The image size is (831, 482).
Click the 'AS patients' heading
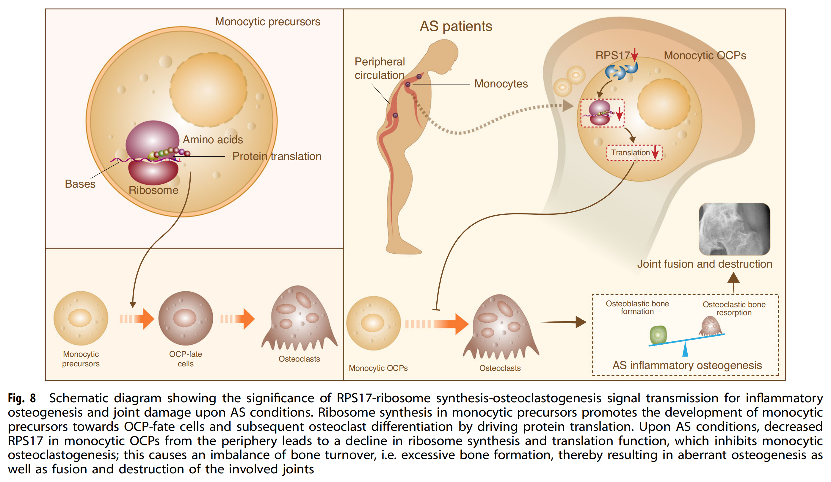click(455, 26)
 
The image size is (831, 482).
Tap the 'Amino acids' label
click(213, 140)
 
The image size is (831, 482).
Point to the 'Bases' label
click(80, 184)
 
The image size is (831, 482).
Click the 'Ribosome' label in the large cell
click(153, 190)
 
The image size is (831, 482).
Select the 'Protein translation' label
click(277, 156)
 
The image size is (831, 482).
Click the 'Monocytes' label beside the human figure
click(501, 84)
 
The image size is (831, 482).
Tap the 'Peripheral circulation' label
click(380, 69)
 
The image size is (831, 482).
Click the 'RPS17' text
click(612, 55)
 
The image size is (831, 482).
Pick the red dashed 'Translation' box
click(634, 153)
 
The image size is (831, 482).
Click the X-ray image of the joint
click(734, 229)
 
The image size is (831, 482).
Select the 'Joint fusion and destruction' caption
click(704, 264)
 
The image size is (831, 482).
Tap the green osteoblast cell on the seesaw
click(658, 335)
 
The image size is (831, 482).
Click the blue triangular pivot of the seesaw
click(685, 350)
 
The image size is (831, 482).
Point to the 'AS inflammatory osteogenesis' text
click(687, 365)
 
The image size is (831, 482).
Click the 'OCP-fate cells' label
click(185, 359)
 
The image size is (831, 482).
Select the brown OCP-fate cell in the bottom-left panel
click(185, 318)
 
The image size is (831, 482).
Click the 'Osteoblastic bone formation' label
click(637, 307)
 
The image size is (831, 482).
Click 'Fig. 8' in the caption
click(22, 398)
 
